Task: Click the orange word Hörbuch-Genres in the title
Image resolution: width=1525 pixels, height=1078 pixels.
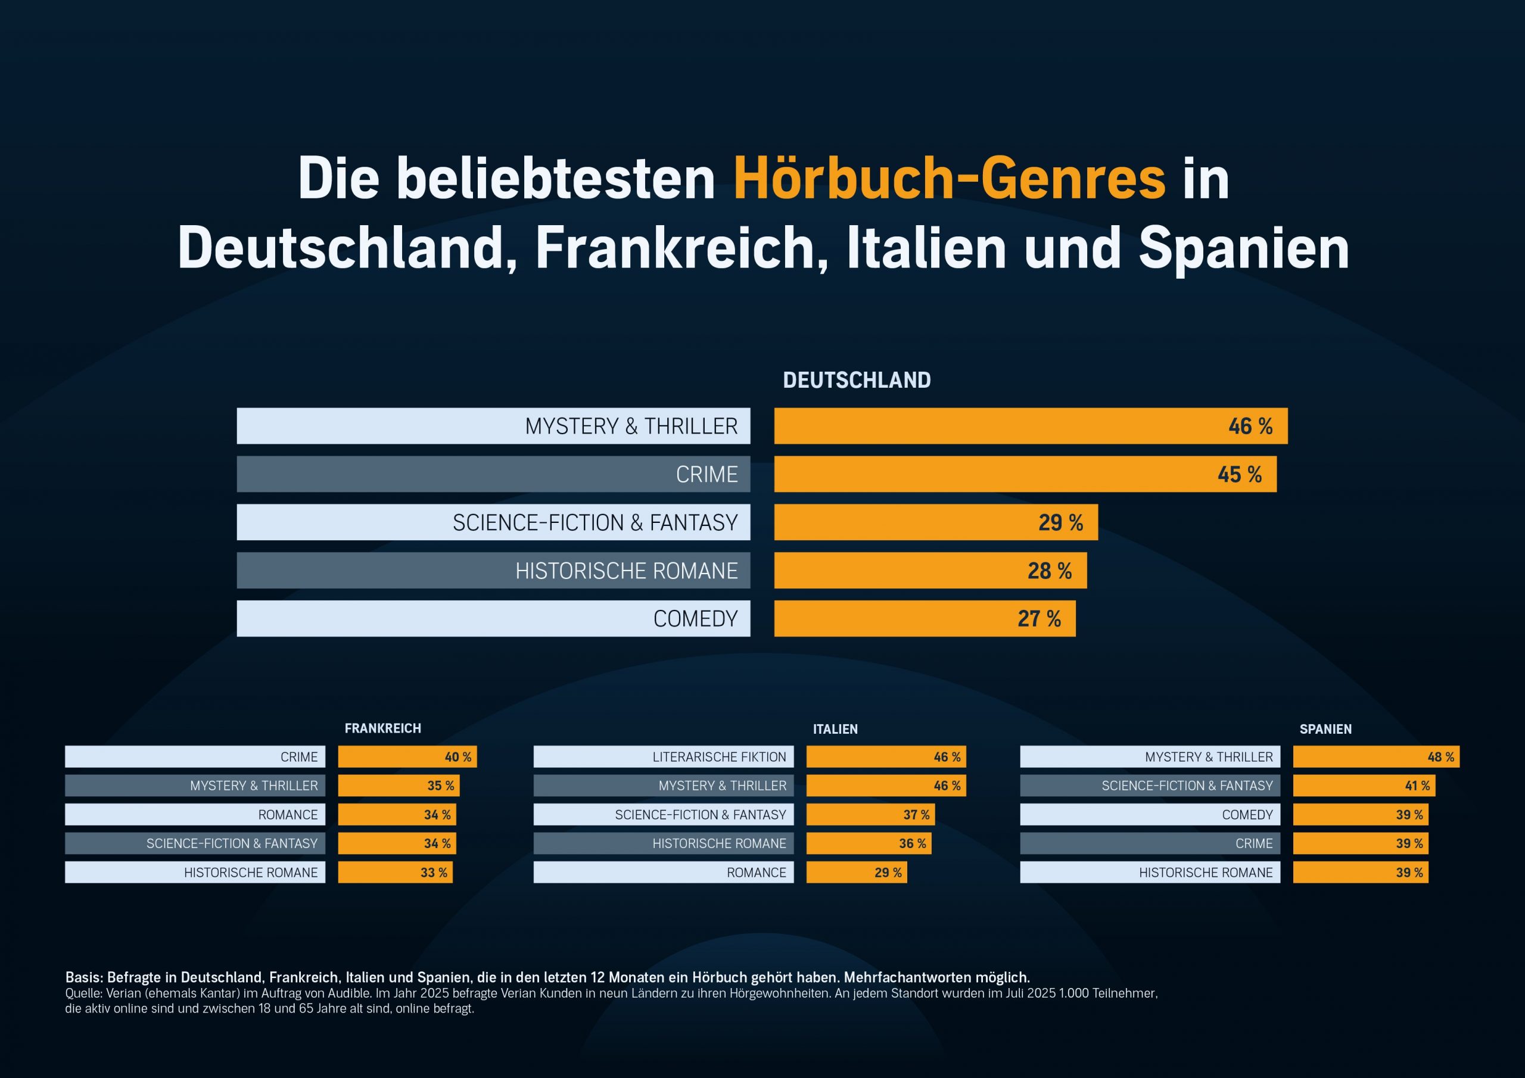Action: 949,179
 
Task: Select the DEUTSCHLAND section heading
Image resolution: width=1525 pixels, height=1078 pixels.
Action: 856,380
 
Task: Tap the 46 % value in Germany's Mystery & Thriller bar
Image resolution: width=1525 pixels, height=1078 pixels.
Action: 1250,426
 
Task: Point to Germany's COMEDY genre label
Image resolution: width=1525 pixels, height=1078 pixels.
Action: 695,618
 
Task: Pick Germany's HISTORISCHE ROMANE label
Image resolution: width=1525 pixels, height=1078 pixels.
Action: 625,571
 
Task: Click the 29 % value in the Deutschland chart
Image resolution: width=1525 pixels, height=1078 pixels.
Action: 1060,523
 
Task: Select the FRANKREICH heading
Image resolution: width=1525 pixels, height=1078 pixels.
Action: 382,728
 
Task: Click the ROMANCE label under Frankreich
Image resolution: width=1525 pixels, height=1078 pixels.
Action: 288,814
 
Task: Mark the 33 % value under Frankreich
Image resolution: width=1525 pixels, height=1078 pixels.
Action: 434,872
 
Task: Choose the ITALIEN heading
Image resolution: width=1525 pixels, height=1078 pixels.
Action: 835,730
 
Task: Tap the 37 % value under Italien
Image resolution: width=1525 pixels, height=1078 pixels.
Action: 916,814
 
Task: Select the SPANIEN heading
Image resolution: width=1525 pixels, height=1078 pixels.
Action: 1325,730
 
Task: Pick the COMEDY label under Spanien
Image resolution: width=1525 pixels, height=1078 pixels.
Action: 1247,814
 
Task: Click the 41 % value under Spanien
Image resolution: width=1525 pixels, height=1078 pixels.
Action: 1417,786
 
